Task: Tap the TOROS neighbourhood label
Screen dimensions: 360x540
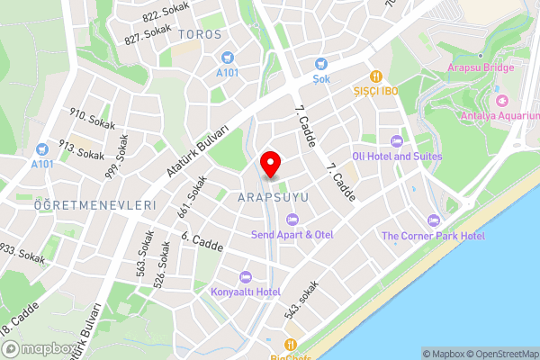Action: pyautogui.click(x=200, y=34)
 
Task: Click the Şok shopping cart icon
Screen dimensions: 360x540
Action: pyautogui.click(x=321, y=63)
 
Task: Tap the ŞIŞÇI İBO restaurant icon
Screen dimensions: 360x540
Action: pyautogui.click(x=376, y=76)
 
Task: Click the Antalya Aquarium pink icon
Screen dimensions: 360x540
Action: pyautogui.click(x=501, y=99)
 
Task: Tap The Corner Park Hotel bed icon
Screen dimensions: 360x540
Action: pyautogui.click(x=433, y=220)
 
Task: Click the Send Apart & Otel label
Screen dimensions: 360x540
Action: pyautogui.click(x=292, y=235)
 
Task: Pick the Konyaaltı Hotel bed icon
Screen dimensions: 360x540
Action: pyautogui.click(x=245, y=276)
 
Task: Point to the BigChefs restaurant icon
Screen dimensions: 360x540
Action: pyautogui.click(x=290, y=344)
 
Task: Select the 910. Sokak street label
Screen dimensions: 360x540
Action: pyautogui.click(x=93, y=120)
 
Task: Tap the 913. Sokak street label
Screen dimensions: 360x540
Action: pyautogui.click(x=83, y=149)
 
